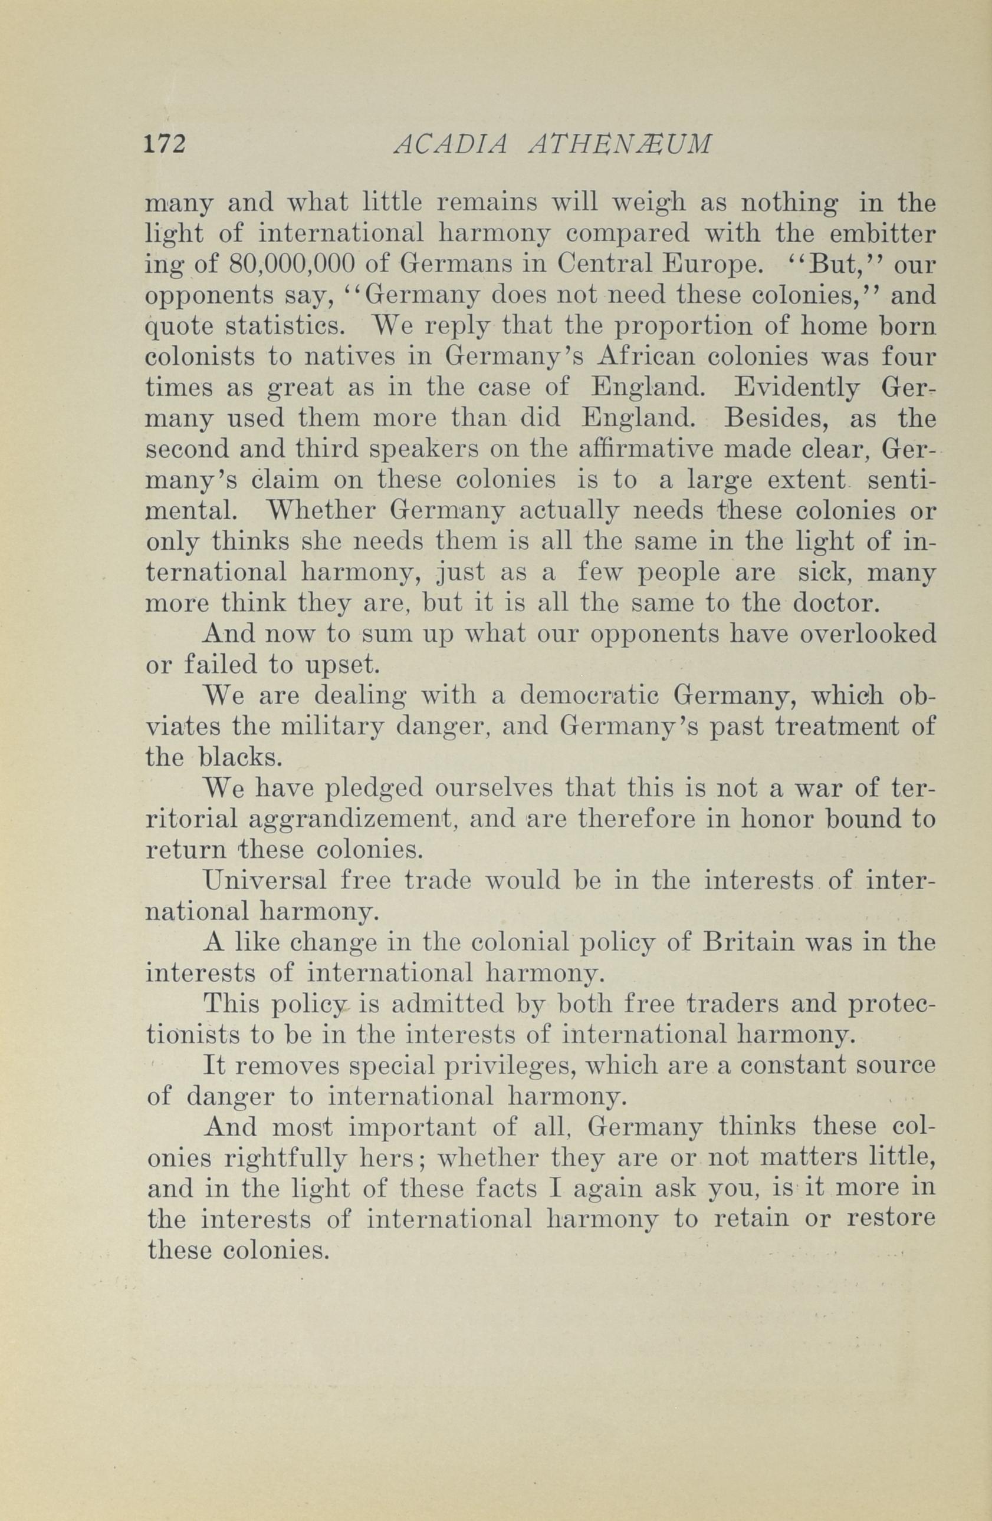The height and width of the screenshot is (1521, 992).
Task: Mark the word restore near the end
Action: pos(891,1220)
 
